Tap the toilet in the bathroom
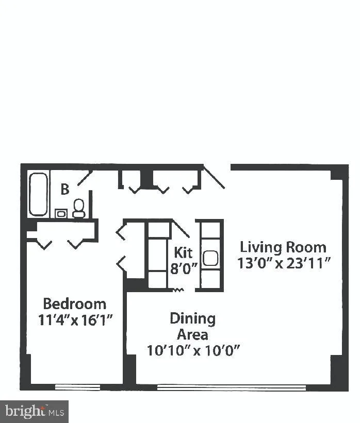pyautogui.click(x=79, y=208)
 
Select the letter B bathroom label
pyautogui.click(x=65, y=189)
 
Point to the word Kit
pyautogui.click(x=183, y=252)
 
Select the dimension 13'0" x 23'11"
pyautogui.click(x=284, y=263)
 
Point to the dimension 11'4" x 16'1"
pyautogui.click(x=75, y=319)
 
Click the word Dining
pyautogui.click(x=192, y=318)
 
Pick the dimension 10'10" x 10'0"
pyautogui.click(x=194, y=350)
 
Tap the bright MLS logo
pyautogui.click(x=35, y=411)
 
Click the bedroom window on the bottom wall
pyautogui.click(x=77, y=386)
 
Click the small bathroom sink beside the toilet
pyautogui.click(x=61, y=213)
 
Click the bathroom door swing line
pyautogui.click(x=85, y=178)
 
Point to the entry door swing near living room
pyautogui.click(x=214, y=177)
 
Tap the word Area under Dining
pyautogui.click(x=192, y=334)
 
